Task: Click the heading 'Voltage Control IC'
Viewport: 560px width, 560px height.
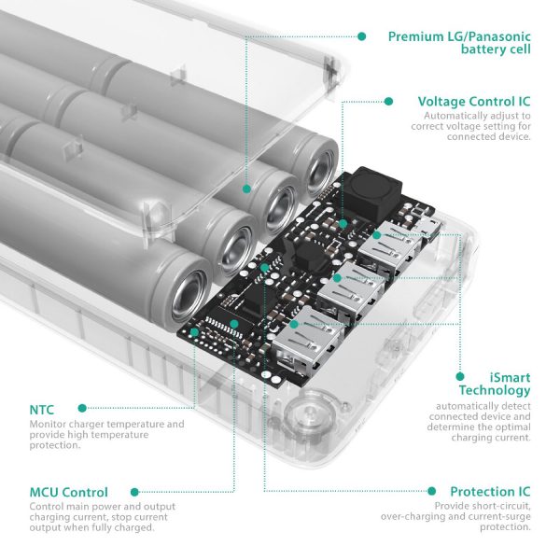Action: point(474,101)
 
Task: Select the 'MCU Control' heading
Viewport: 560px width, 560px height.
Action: point(68,492)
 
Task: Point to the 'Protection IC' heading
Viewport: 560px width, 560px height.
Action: point(490,492)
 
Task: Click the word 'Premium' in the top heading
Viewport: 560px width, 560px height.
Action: point(417,36)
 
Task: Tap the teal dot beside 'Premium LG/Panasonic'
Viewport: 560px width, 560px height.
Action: point(361,36)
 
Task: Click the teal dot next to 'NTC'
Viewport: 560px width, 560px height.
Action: point(83,408)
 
